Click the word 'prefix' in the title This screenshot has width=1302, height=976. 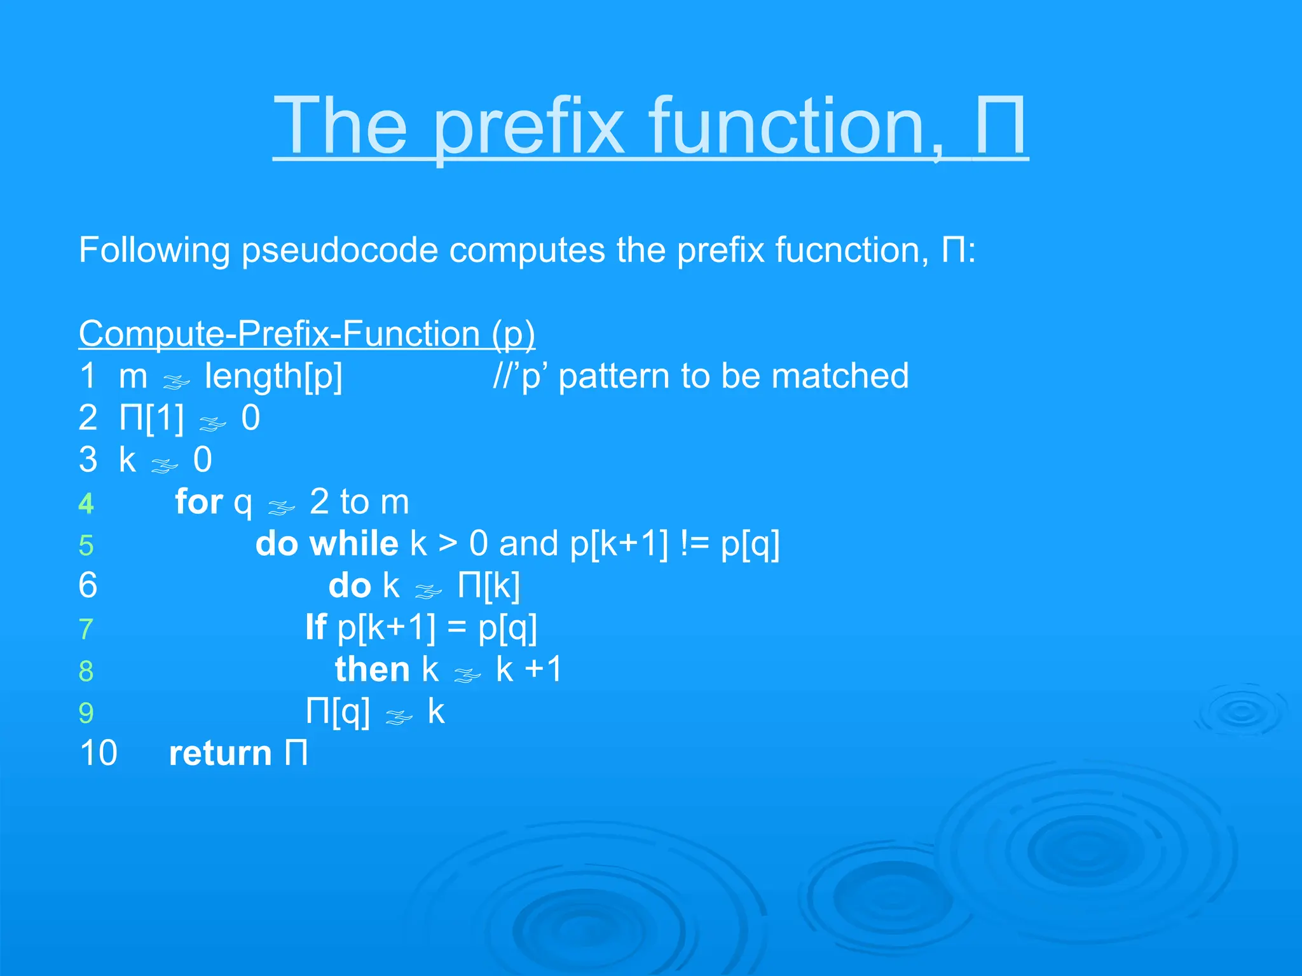[x=529, y=127]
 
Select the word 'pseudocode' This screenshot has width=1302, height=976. [x=339, y=250]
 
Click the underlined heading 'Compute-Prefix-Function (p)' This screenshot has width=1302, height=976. [x=306, y=334]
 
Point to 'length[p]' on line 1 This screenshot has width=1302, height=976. [x=273, y=376]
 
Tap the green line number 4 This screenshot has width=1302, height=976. [x=86, y=504]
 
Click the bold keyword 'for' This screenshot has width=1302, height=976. [x=199, y=502]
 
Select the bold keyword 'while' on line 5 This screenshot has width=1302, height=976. [x=354, y=544]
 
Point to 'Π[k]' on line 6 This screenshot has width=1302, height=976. [x=488, y=585]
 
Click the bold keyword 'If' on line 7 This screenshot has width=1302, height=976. [x=316, y=627]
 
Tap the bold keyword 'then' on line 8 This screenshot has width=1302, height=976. [x=373, y=669]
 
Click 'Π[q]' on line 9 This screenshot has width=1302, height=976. [x=338, y=711]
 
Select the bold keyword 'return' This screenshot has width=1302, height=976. [x=220, y=754]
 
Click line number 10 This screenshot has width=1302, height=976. [x=99, y=754]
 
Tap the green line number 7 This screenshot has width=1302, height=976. [x=86, y=629]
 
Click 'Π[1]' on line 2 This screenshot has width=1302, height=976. [x=151, y=418]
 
